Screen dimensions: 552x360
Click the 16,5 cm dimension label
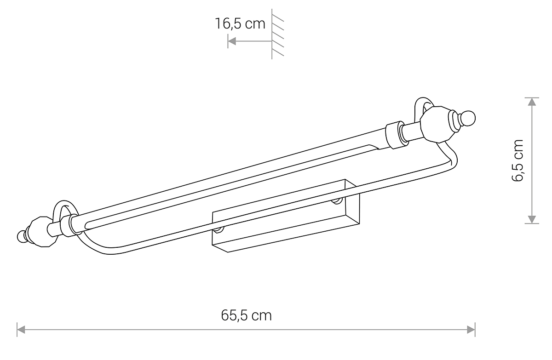240,24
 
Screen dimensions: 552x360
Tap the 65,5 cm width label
246,315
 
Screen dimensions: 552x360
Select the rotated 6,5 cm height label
517,160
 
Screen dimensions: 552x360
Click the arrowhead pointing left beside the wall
232,41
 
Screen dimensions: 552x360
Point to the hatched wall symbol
277,34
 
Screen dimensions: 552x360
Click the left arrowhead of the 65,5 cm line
21,330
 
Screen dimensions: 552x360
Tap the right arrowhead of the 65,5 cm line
471,330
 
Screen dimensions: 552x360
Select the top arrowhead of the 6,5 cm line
532,102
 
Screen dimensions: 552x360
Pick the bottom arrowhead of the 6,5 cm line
532,219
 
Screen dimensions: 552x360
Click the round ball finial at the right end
467,118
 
